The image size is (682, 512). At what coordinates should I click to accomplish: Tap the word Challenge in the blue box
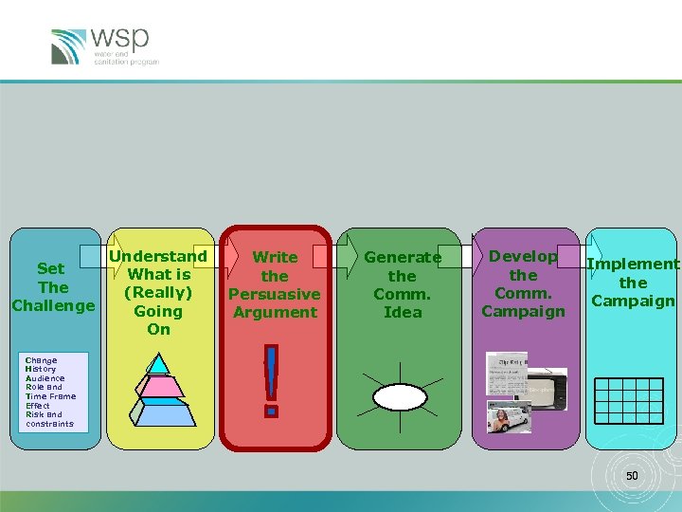pos(53,305)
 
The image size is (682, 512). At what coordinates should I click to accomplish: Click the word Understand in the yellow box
pos(158,256)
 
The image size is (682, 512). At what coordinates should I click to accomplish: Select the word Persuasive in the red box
pos(275,294)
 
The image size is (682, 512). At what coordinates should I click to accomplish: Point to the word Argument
pos(275,312)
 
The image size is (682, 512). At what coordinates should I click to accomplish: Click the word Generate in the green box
pos(403,257)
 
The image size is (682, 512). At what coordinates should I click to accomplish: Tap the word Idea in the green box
pos(403,312)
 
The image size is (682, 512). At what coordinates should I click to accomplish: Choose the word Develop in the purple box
pos(523,256)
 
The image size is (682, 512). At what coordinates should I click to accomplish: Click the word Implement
pos(633,265)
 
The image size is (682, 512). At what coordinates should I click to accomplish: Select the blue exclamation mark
pos(273,379)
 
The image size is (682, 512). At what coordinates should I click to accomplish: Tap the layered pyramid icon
pos(159,384)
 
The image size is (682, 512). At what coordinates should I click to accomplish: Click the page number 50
pos(632,474)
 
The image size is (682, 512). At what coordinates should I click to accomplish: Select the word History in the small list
pos(41,369)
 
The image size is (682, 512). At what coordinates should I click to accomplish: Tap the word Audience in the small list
pos(45,378)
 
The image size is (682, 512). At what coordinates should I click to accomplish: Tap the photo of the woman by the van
pos(508,416)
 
